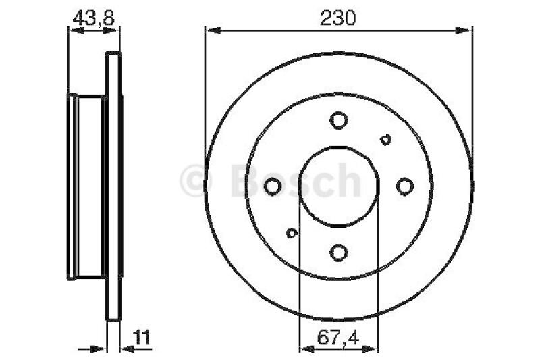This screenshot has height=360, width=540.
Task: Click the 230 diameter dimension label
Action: [337, 18]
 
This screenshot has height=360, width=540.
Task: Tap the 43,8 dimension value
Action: [93, 18]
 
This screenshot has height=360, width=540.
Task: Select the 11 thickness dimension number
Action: [142, 337]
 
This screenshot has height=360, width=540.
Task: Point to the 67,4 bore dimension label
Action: [338, 338]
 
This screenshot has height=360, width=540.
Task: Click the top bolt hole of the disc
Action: [339, 120]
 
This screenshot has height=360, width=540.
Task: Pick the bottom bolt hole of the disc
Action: [339, 253]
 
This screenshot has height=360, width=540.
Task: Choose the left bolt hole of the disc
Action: [273, 186]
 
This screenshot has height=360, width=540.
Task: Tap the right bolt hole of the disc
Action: [404, 186]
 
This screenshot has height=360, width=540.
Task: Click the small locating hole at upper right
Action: [385, 140]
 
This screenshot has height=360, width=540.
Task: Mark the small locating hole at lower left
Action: [292, 233]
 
